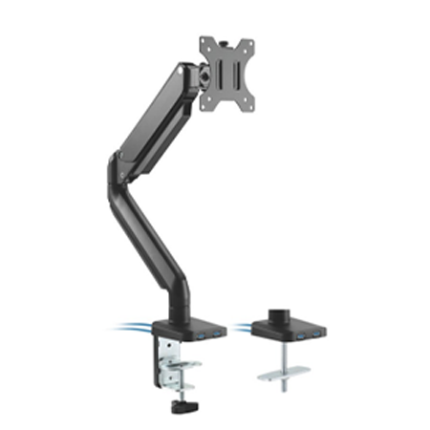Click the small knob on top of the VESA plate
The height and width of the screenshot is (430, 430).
click(227, 33)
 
